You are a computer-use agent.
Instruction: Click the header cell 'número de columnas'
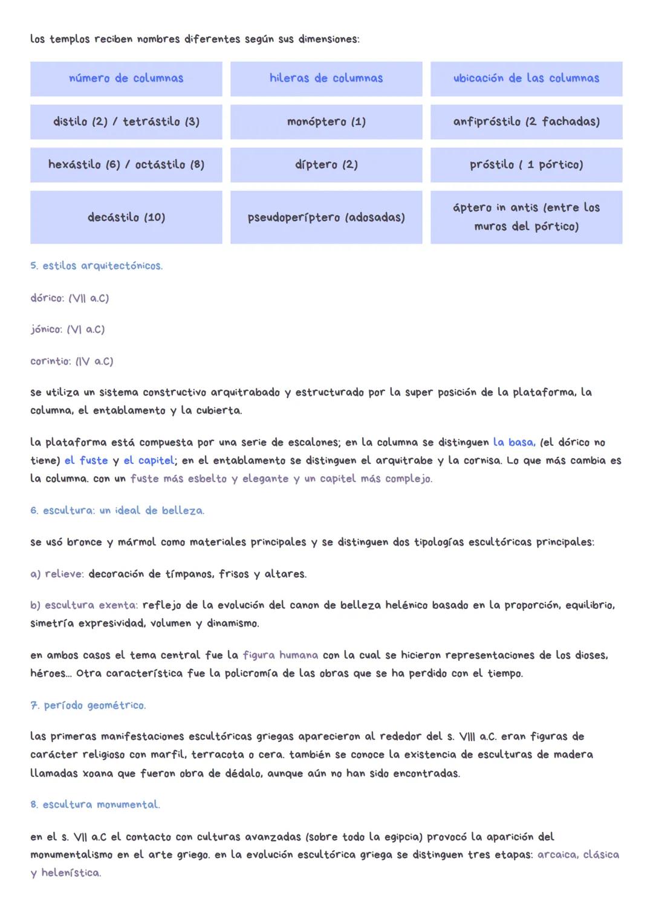pyautogui.click(x=126, y=79)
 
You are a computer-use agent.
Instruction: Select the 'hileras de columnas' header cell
pyautogui.click(x=326, y=79)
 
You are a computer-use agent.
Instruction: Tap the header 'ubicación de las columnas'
pyautogui.click(x=526, y=79)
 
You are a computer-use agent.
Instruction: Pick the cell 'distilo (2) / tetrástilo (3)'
pyautogui.click(x=126, y=122)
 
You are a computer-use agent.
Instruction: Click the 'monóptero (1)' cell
pyautogui.click(x=326, y=122)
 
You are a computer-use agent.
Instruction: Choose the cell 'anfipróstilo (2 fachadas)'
pyautogui.click(x=526, y=122)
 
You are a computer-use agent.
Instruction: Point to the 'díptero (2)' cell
pyautogui.click(x=326, y=165)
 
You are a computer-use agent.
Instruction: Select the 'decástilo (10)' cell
pyautogui.click(x=126, y=218)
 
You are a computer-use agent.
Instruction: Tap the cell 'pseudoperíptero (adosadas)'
pyautogui.click(x=326, y=218)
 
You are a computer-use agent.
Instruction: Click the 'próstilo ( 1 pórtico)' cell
pyautogui.click(x=526, y=165)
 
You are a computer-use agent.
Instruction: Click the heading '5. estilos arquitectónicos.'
pyautogui.click(x=96, y=266)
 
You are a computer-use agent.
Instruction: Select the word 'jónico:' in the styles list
pyautogui.click(x=46, y=329)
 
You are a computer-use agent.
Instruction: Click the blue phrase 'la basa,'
pyautogui.click(x=514, y=442)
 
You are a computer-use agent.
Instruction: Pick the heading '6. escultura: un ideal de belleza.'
pyautogui.click(x=117, y=511)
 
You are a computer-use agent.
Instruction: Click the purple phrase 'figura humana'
pyautogui.click(x=280, y=655)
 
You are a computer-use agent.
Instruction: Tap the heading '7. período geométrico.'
pyautogui.click(x=88, y=705)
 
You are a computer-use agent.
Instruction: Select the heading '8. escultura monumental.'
pyautogui.click(x=95, y=805)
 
